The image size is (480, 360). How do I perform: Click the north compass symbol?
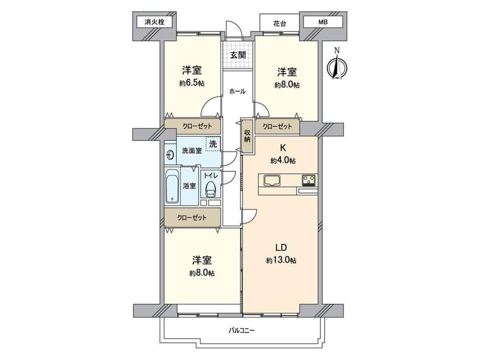click(x=337, y=65)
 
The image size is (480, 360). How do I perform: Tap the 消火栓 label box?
click(x=154, y=22)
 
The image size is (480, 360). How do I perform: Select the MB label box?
click(x=322, y=22)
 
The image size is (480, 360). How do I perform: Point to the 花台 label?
click(x=279, y=23)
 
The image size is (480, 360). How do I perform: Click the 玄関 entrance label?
click(x=238, y=55)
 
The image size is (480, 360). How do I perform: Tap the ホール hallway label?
click(x=237, y=91)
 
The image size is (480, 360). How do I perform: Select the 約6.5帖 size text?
click(x=191, y=83)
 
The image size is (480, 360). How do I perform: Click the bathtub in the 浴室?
click(x=172, y=186)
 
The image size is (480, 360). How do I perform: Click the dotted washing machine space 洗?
click(x=213, y=144)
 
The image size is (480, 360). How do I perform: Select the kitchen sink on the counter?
click(x=271, y=180)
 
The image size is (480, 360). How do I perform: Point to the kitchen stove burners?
click(x=309, y=180)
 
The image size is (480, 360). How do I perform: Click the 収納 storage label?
click(x=247, y=136)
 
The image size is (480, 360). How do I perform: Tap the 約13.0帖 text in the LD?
click(x=281, y=260)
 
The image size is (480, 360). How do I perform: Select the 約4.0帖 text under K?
click(x=283, y=160)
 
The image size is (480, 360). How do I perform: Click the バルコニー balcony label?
click(x=242, y=331)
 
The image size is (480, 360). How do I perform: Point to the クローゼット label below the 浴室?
click(x=192, y=218)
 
